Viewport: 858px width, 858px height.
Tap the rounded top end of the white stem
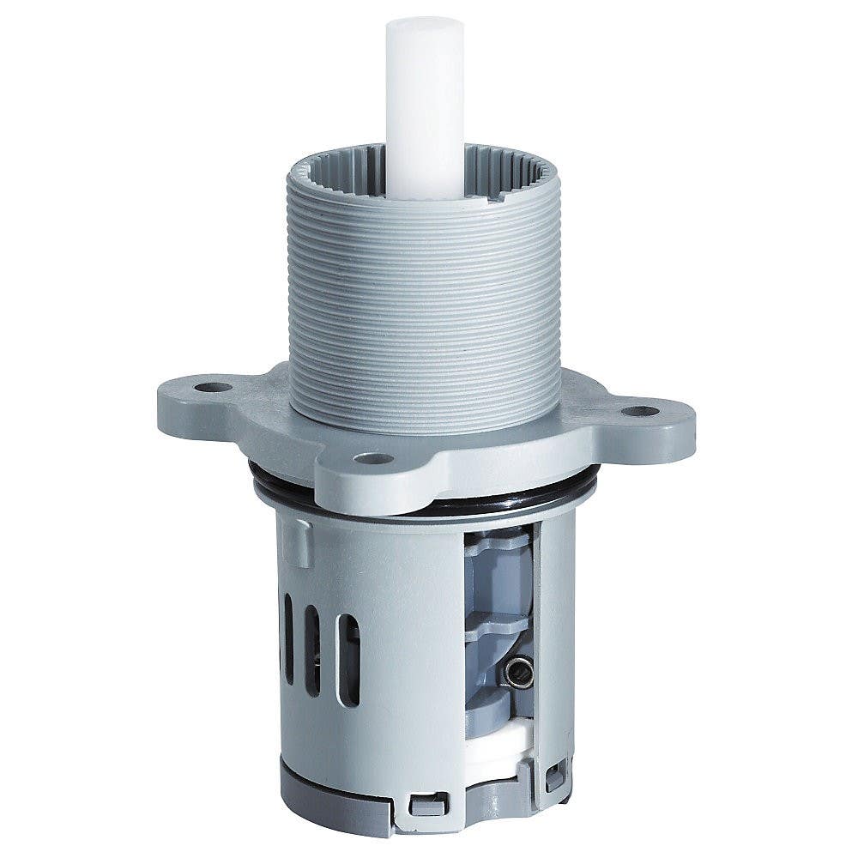click(425, 26)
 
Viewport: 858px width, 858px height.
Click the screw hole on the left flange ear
click(213, 387)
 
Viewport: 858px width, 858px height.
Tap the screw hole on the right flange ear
click(640, 411)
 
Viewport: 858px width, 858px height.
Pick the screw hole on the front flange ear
click(373, 458)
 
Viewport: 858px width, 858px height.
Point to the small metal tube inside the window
click(517, 672)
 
